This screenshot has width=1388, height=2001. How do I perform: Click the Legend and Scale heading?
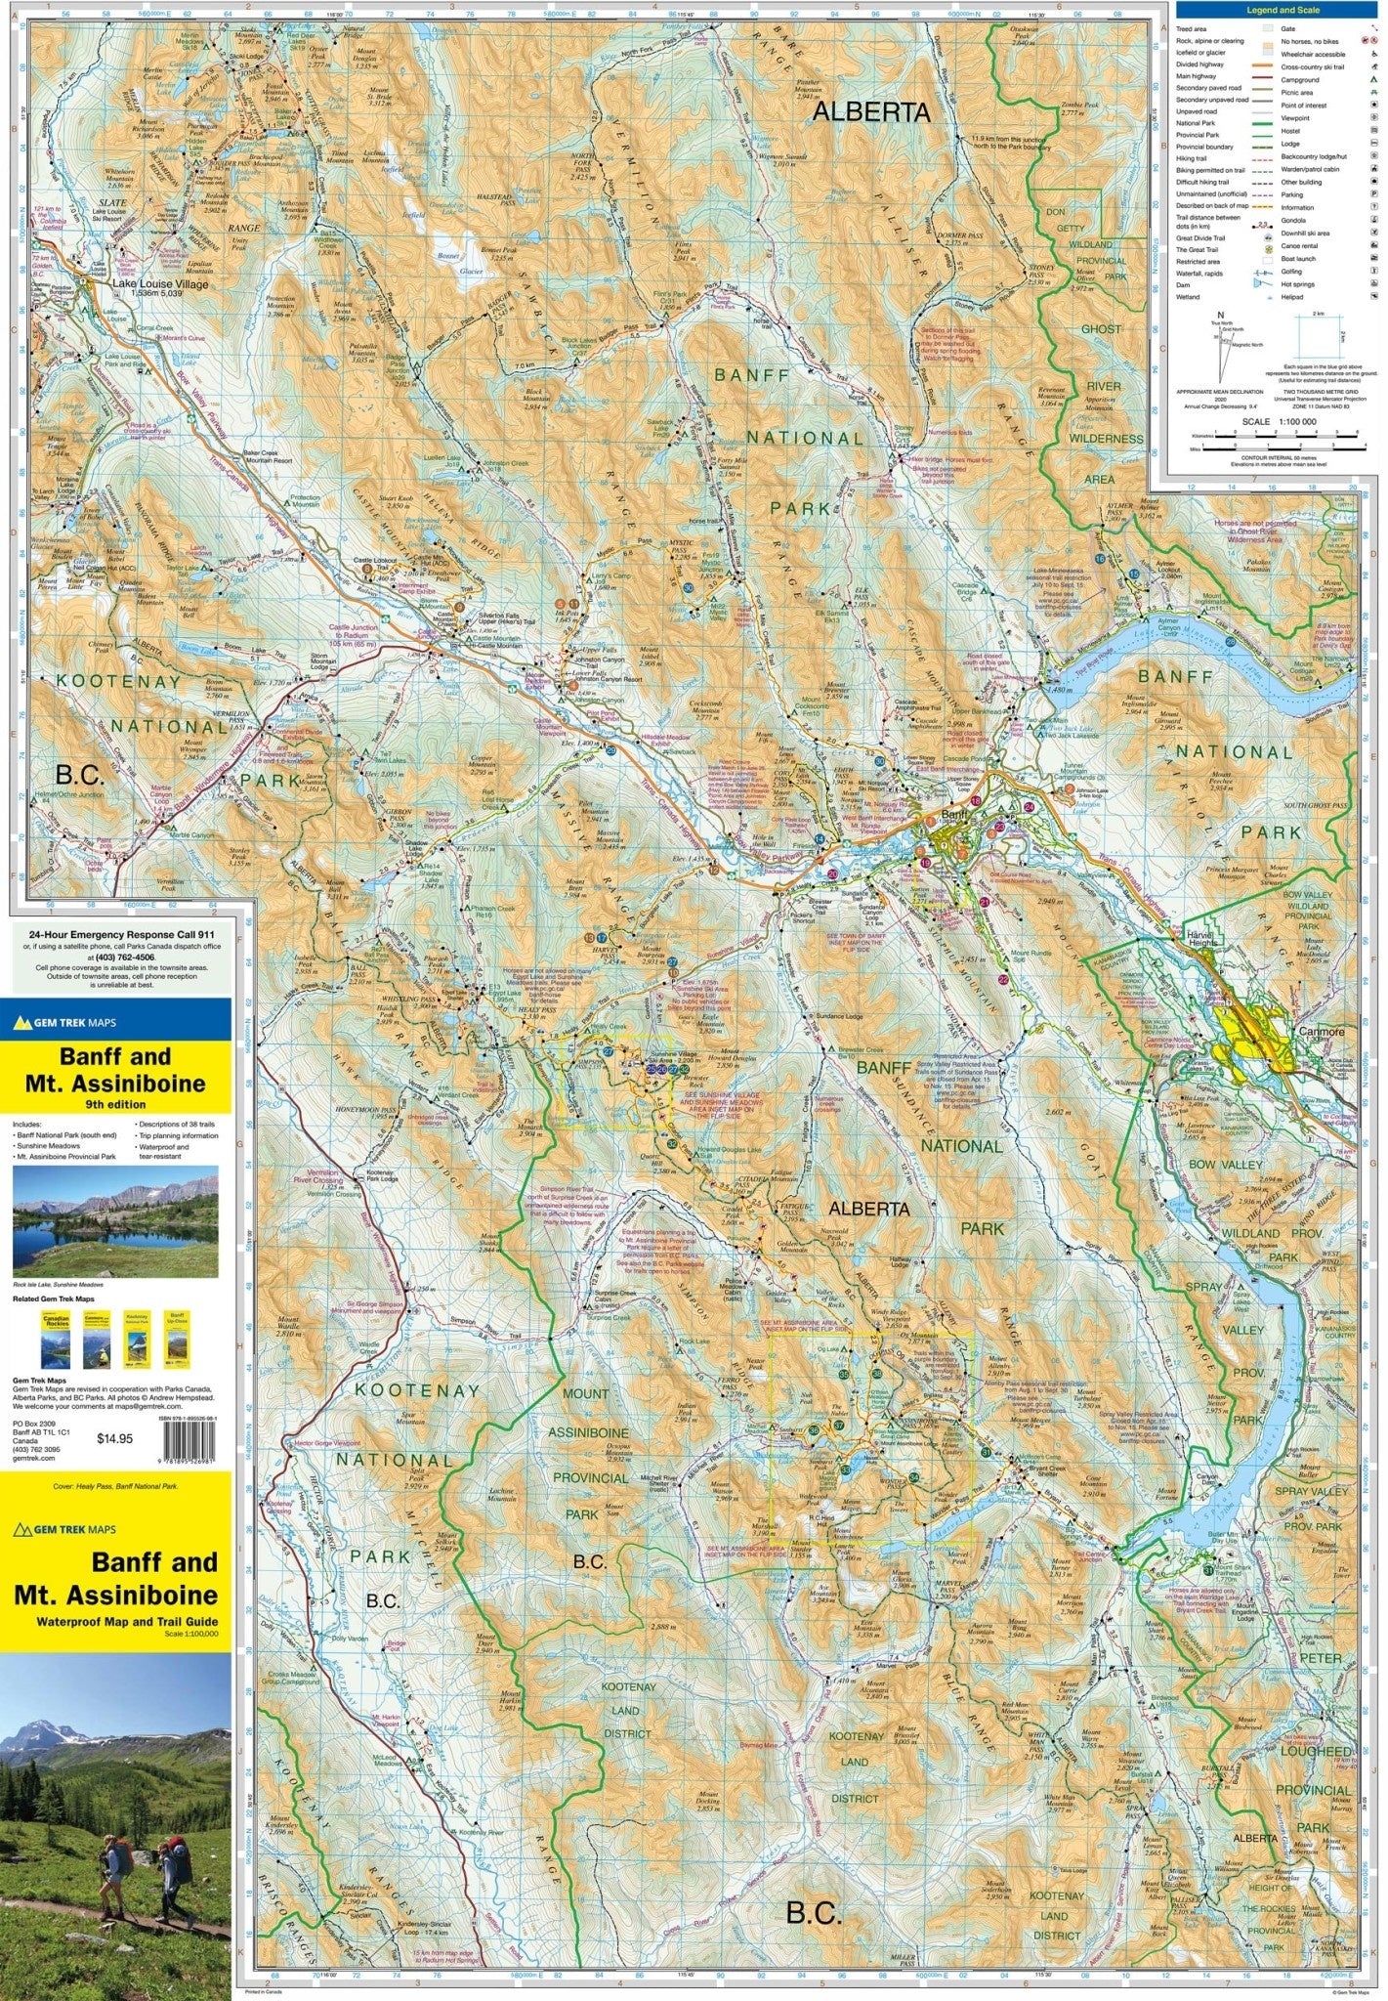point(1283,11)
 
